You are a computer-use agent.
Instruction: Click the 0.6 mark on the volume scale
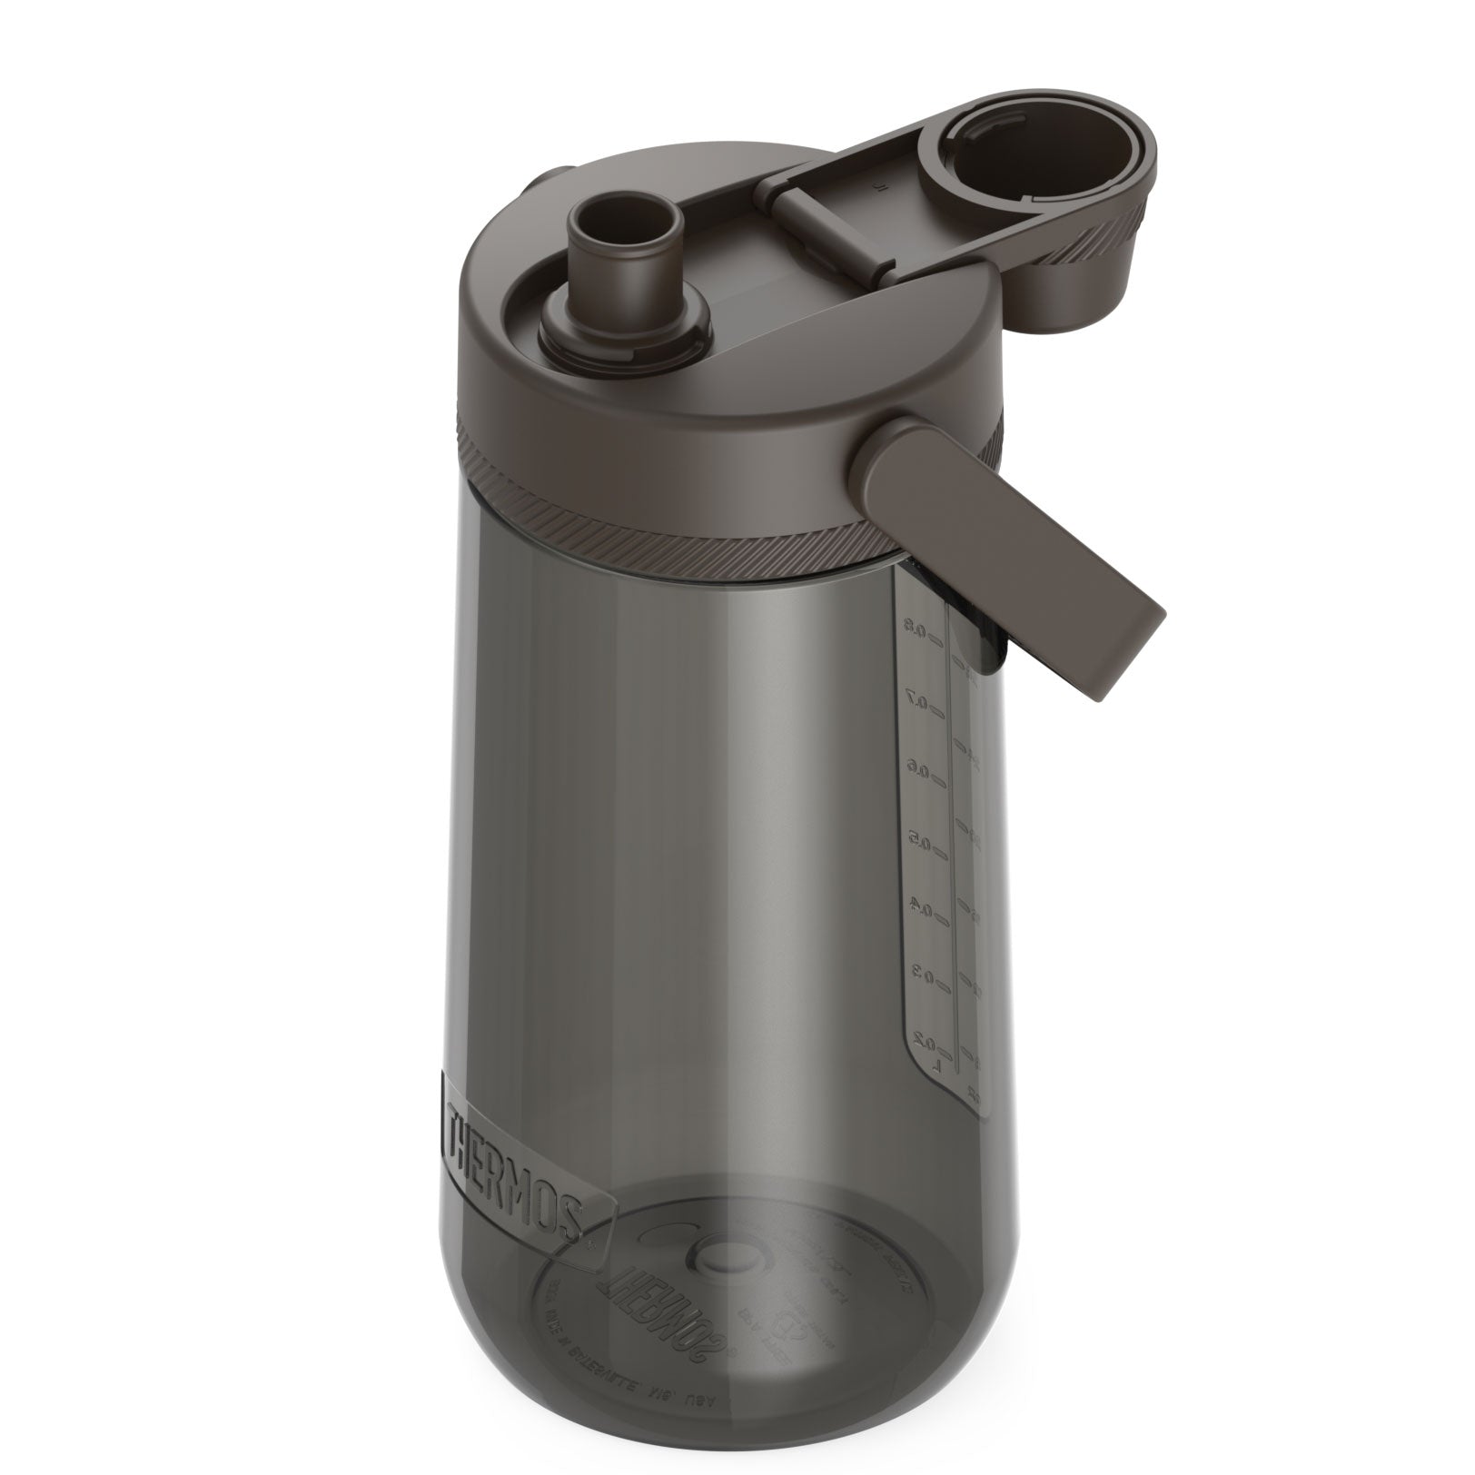pyautogui.click(x=920, y=773)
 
